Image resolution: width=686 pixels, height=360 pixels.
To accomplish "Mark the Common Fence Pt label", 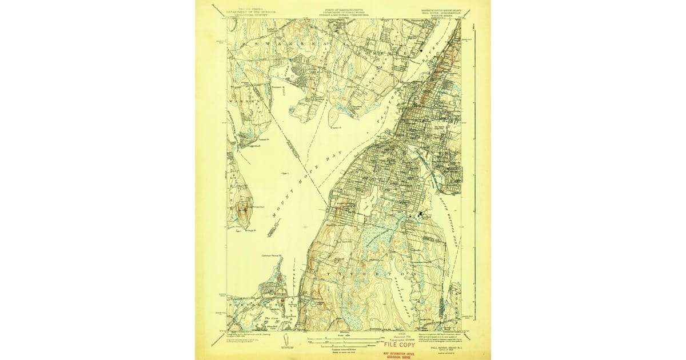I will [x=272, y=256].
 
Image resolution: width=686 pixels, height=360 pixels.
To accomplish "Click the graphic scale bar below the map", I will [x=343, y=341].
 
